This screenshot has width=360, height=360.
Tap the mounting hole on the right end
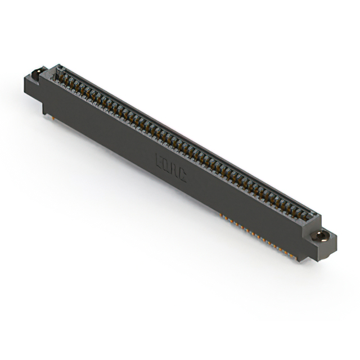pos(323,235)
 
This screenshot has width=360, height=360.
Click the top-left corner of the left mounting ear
pos(25,77)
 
